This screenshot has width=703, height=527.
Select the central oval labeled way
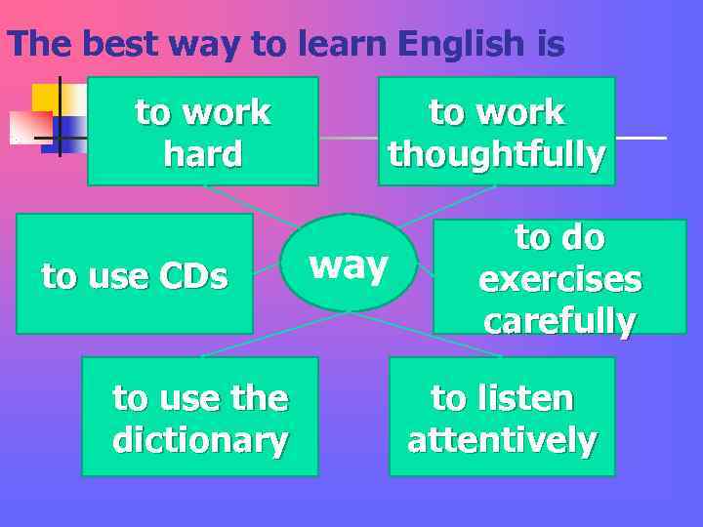(349, 263)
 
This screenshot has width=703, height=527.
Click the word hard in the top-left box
(203, 154)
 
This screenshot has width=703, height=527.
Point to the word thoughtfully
(496, 155)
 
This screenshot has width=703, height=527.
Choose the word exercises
(559, 279)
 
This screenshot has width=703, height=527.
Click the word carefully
(559, 321)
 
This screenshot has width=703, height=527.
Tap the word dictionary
(200, 440)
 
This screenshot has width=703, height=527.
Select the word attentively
(502, 440)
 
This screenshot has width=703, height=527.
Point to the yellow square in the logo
(44, 97)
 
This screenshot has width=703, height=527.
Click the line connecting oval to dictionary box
(273, 334)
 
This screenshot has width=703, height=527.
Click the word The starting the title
(40, 44)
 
